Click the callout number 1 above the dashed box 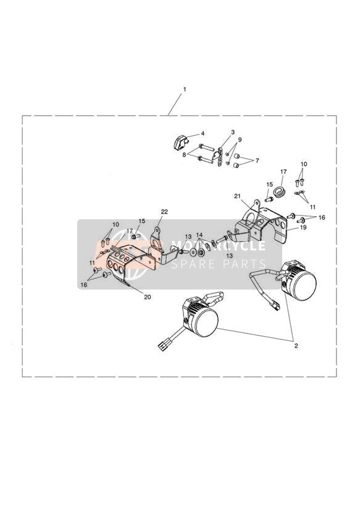click(185, 88)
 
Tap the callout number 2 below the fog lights click(296, 346)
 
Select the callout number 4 click(203, 134)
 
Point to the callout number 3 click(232, 132)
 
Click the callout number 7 click(257, 161)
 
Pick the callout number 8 click(184, 155)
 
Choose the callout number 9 click(240, 140)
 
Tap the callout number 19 click(303, 227)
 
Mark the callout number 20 click(148, 297)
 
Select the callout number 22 click(165, 212)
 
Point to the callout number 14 click(199, 234)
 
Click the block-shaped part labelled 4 click(180, 142)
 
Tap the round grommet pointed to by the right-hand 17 click(280, 191)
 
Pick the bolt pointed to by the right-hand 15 click(269, 199)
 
